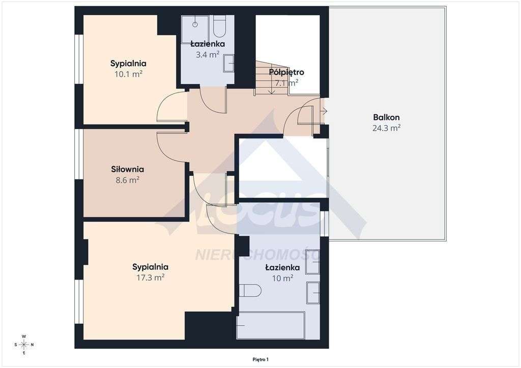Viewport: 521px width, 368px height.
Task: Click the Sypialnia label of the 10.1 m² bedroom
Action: coord(128,64)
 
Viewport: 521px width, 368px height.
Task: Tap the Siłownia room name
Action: coord(128,169)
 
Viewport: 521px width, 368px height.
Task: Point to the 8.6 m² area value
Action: coord(128,180)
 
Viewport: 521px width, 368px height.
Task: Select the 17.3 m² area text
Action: coord(150,278)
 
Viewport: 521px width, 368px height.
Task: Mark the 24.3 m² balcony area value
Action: coord(386,128)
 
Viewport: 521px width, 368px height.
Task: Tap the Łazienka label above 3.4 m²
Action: coord(208,44)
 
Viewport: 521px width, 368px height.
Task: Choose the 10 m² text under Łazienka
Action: coord(282,278)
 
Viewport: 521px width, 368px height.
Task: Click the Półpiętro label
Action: coord(287,72)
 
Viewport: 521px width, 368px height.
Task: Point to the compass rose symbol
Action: coord(23,345)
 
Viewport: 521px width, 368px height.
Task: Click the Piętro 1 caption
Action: coord(260,359)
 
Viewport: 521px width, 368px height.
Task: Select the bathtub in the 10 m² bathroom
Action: coord(271,325)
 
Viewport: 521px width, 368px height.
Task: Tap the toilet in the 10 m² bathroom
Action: coord(250,291)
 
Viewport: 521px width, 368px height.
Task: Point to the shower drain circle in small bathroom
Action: coord(194,24)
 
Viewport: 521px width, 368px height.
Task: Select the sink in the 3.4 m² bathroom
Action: coord(229,64)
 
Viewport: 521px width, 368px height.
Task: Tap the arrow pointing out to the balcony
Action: coord(324,111)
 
